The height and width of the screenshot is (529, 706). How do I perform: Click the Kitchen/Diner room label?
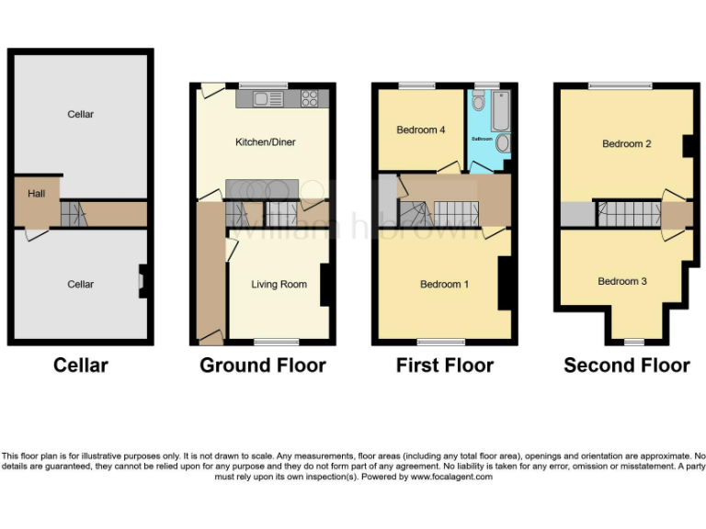click(x=266, y=142)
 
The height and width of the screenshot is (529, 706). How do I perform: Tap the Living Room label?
click(x=279, y=285)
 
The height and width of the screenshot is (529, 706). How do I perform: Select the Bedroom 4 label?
click(x=421, y=130)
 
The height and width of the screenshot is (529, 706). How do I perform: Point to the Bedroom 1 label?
click(x=444, y=285)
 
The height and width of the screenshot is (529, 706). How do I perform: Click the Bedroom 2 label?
click(x=627, y=144)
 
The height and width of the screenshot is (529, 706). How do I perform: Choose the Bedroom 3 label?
click(x=622, y=281)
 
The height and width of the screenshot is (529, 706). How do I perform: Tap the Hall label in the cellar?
click(x=36, y=194)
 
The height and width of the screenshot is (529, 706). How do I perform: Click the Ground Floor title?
click(x=263, y=366)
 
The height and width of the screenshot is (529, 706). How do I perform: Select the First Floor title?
click(x=445, y=366)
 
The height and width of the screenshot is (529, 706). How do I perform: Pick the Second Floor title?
click(x=627, y=366)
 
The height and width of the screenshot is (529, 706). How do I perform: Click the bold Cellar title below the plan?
click(x=81, y=366)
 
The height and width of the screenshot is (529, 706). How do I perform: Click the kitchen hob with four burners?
click(x=311, y=98)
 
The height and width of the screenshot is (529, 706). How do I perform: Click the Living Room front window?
click(x=270, y=342)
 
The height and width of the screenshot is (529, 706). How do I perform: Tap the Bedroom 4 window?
click(x=418, y=85)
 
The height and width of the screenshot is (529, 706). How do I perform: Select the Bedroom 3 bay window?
click(x=634, y=342)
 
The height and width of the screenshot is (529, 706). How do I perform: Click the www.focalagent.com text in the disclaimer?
click(x=450, y=478)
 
